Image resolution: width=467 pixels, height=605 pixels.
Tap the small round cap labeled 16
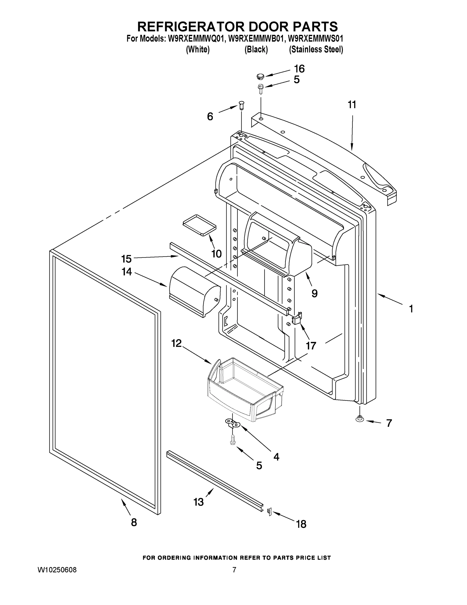coord(260,76)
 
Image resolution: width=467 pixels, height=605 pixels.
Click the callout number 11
coord(352,105)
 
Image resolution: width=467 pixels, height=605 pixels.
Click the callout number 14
coord(127,271)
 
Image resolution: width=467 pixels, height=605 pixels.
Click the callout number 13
coord(199,502)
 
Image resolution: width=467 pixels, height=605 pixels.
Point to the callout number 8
coord(134,522)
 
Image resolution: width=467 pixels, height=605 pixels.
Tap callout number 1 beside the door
coord(411,309)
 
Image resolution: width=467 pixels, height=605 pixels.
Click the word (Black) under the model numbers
coord(256,50)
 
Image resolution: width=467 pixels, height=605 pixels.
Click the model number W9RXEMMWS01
coord(316,39)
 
